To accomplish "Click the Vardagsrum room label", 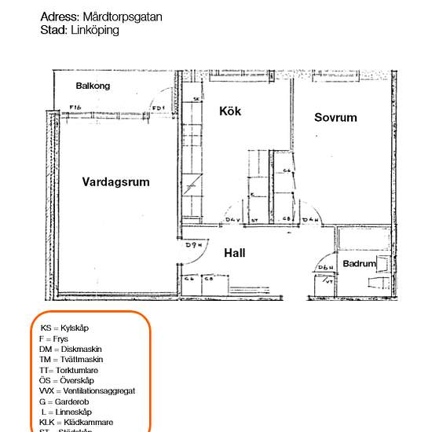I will pos(115,182).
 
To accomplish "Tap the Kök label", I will pos(230,112).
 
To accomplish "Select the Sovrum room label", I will pos(335,118).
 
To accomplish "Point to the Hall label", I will pos(234,253).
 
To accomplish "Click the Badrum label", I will pos(360,264).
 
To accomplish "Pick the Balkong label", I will pos(93,86).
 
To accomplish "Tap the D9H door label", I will pos(193,246).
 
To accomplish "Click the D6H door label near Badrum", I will pos(324,269).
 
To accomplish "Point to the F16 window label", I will pos(75,108).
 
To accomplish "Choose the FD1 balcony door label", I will pos(158,108).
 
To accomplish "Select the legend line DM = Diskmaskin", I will pos(71,349).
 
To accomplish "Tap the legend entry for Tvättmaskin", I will pos(71,359).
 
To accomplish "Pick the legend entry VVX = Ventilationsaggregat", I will pos(87,390).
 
